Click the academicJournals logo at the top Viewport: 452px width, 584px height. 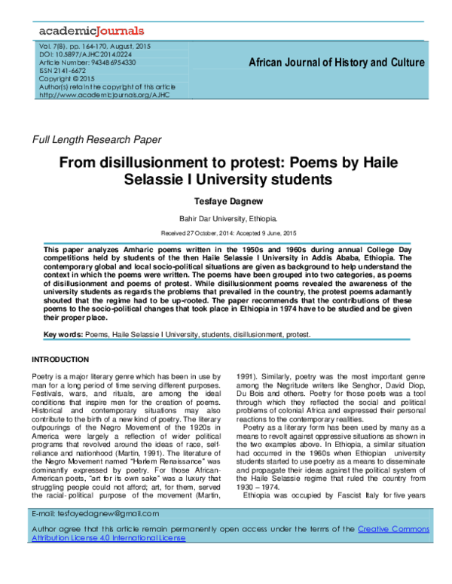point(90,31)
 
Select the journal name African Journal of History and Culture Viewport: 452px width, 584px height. point(336,62)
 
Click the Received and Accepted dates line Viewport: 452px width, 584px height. point(226,234)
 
